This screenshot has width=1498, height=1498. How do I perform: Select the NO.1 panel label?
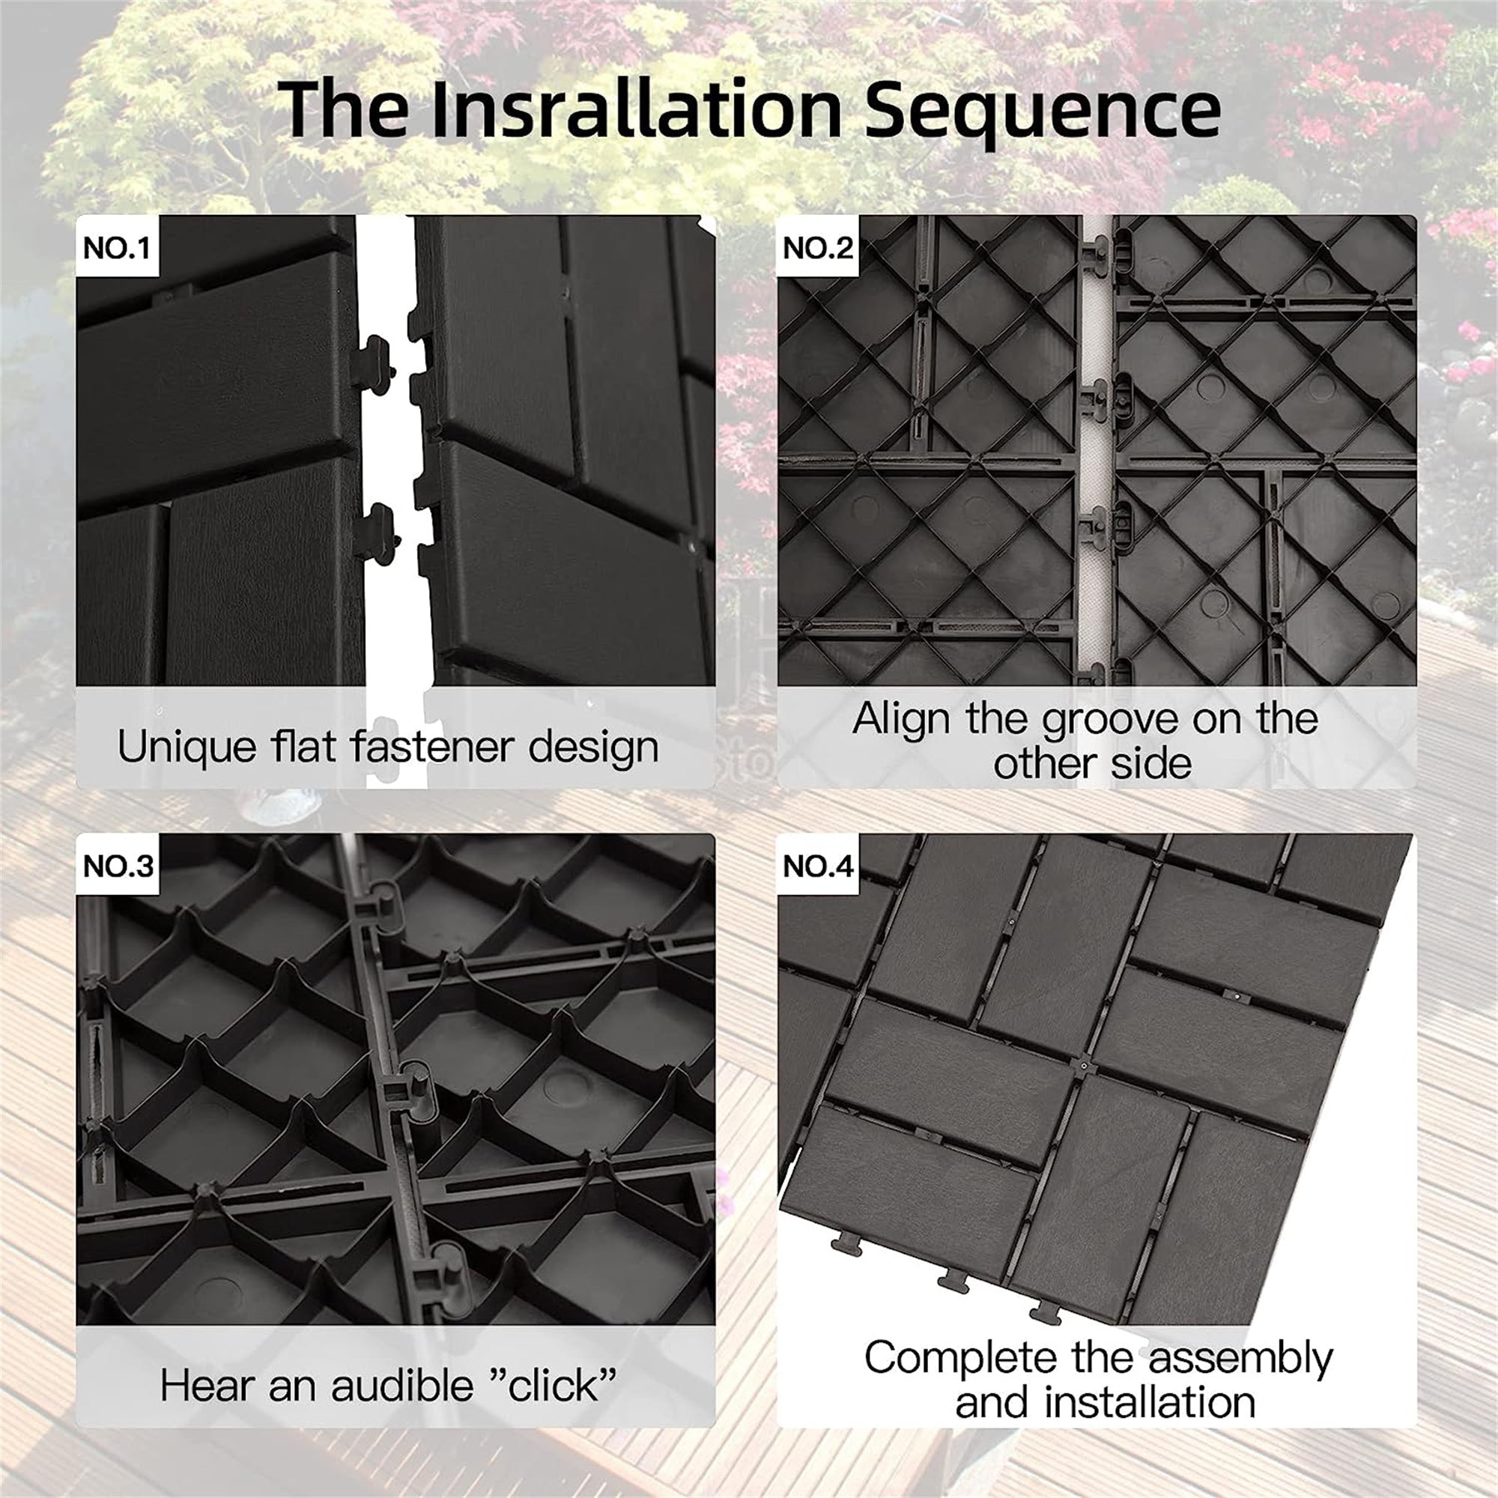(x=116, y=248)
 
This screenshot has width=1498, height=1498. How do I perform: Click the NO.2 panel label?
(x=817, y=248)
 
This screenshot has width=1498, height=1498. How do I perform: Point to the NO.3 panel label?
(x=118, y=866)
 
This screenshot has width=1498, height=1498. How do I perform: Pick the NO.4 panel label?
(x=817, y=866)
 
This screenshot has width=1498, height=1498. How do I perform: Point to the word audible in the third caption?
(x=401, y=1386)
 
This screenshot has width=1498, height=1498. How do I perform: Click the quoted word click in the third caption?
(x=552, y=1386)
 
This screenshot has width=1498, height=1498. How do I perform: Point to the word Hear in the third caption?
(x=207, y=1386)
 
